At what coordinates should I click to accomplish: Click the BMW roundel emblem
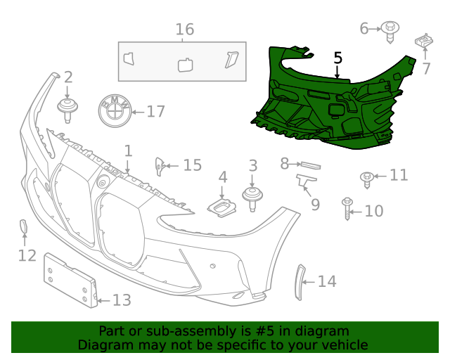pos(113,111)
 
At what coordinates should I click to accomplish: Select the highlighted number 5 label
pos(337,58)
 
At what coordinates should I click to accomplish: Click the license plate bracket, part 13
pos(71,279)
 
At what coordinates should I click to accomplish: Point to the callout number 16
pos(184,30)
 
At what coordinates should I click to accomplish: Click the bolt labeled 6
pos(390,29)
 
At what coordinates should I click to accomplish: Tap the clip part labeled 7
pos(424,42)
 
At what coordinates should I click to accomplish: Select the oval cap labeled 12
pos(22,228)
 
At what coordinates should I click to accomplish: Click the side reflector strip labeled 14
pos(298,281)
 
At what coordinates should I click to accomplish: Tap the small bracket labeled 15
pos(160,166)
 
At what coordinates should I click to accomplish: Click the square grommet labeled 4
pos(221,207)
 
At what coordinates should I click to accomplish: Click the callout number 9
pos(315,204)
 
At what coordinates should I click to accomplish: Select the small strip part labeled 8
pos(310,165)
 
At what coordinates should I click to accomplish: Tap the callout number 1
pos(128,150)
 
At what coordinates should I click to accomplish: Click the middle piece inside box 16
pos(186,65)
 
